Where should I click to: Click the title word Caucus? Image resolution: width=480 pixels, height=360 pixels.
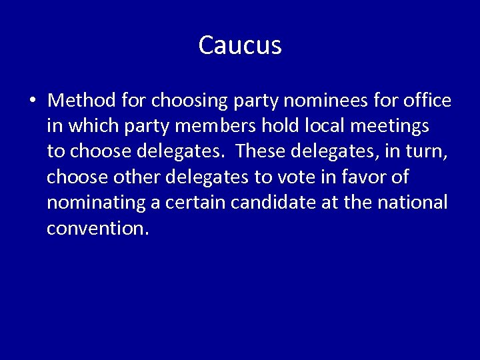(240, 45)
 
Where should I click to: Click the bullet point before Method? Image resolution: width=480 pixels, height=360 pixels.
(32, 101)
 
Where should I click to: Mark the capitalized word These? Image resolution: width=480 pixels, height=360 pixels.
(260, 151)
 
